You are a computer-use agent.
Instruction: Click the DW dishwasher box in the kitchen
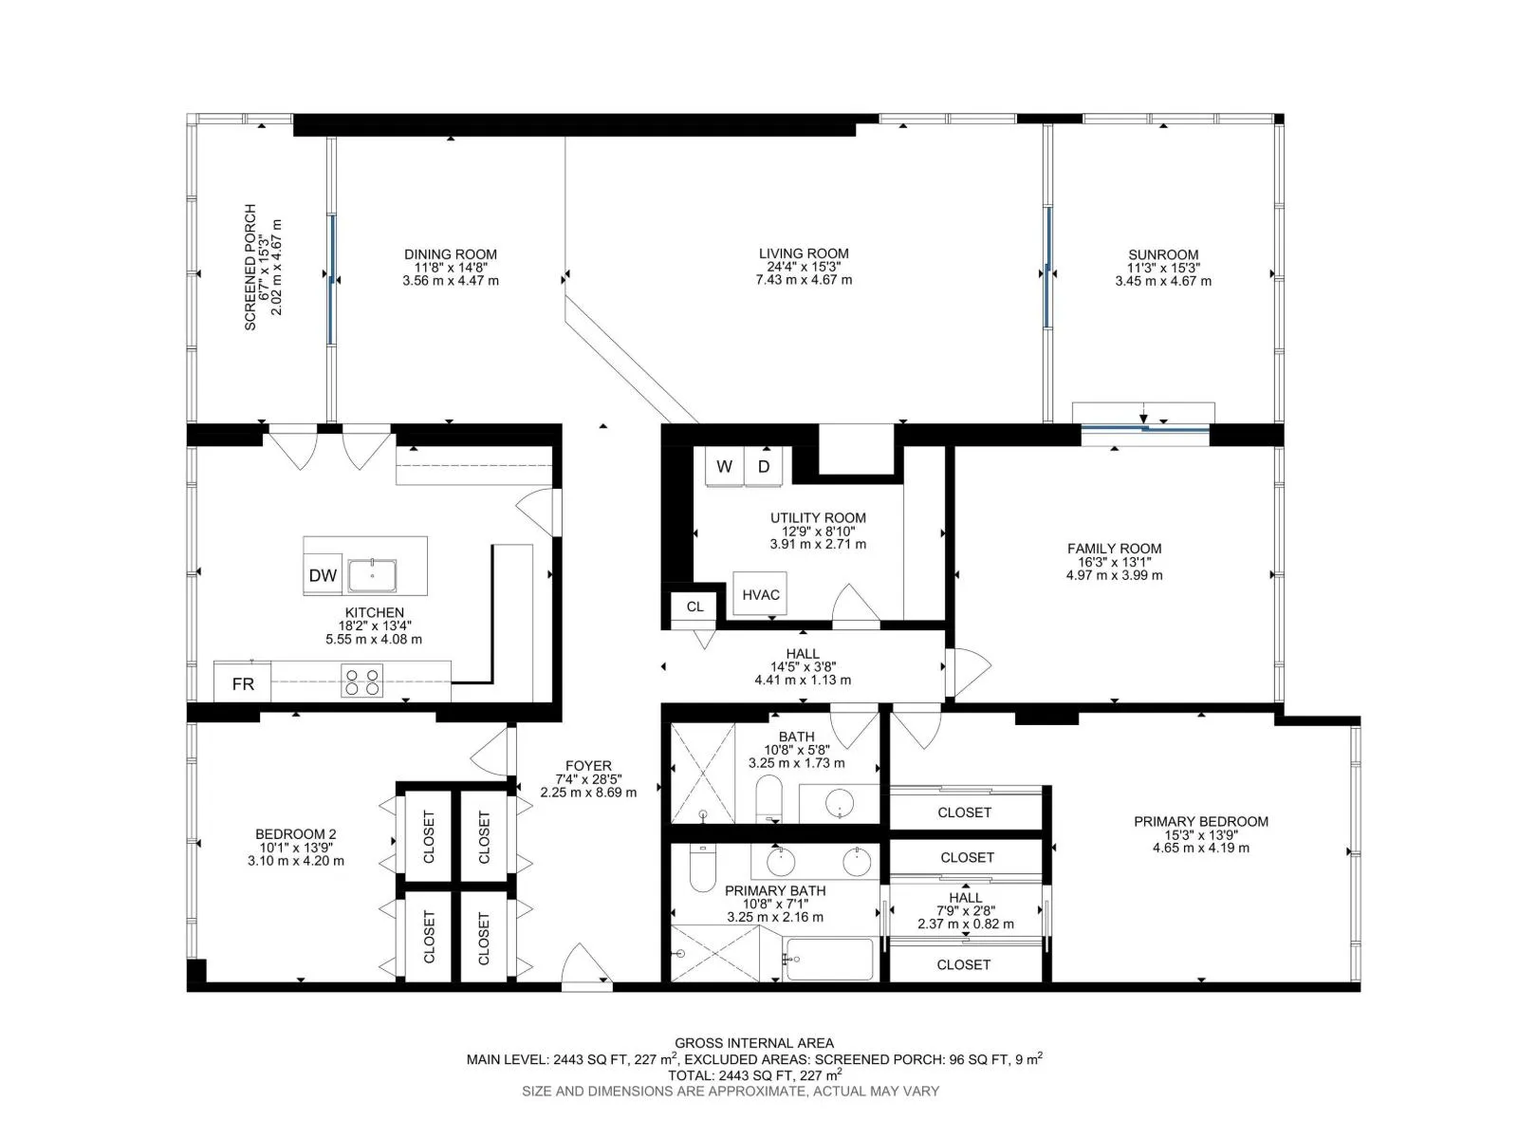tap(323, 573)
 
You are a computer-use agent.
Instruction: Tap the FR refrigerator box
tap(242, 682)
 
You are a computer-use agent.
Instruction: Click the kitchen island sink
tap(371, 574)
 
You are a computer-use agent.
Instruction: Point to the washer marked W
tap(723, 466)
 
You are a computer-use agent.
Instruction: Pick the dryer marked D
tap(763, 466)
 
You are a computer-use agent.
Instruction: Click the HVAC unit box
tap(759, 593)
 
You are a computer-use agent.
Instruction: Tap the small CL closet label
tap(694, 607)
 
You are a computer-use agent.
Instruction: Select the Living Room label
tap(803, 253)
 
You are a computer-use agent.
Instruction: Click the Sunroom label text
tap(1162, 254)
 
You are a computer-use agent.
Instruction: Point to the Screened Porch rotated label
tap(250, 267)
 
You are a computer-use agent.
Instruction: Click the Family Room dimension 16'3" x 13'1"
tap(1114, 562)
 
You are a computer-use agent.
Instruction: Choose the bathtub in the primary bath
tap(828, 960)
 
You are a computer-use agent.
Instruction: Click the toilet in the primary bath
tap(703, 868)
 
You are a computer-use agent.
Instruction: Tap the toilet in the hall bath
tap(768, 798)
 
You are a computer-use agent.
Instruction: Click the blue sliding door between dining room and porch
tap(331, 279)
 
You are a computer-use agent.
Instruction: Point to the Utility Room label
tap(818, 517)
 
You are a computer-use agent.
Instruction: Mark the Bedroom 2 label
tap(295, 834)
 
